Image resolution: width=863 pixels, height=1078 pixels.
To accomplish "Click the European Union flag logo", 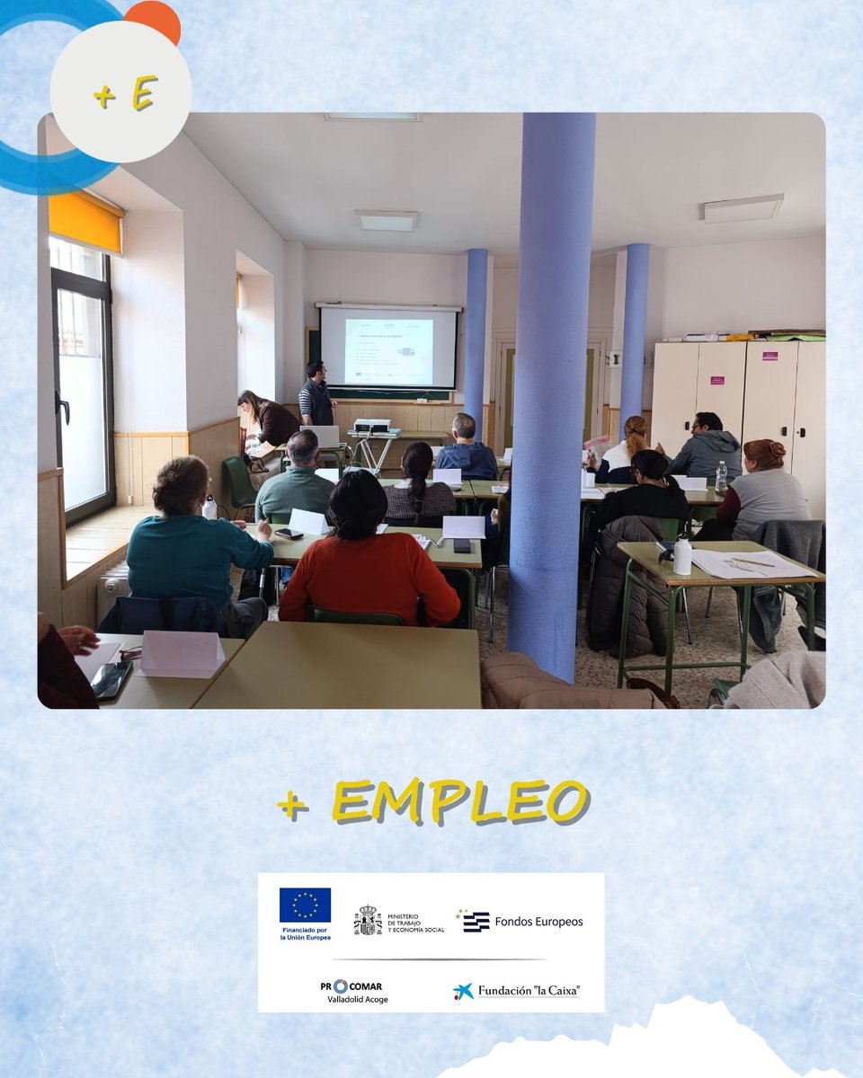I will tap(305, 905).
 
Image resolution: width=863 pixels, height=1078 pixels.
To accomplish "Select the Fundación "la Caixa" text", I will tap(528, 991).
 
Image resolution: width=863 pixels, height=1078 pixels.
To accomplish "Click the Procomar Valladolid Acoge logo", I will tap(357, 991).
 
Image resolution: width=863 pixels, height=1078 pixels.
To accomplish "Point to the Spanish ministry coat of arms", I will tap(367, 921).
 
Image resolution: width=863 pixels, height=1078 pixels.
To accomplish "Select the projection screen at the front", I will tap(388, 348).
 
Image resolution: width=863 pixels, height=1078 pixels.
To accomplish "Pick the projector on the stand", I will tap(372, 425).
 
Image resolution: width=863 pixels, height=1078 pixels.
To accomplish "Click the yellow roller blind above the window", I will tap(85, 221).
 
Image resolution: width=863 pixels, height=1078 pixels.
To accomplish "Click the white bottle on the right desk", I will tap(682, 554).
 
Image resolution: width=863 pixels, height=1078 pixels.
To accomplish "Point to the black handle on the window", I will tap(63, 409).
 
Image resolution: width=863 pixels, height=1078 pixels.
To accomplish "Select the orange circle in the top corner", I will tap(153, 20).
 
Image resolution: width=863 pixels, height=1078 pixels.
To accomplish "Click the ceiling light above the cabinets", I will tap(743, 208).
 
